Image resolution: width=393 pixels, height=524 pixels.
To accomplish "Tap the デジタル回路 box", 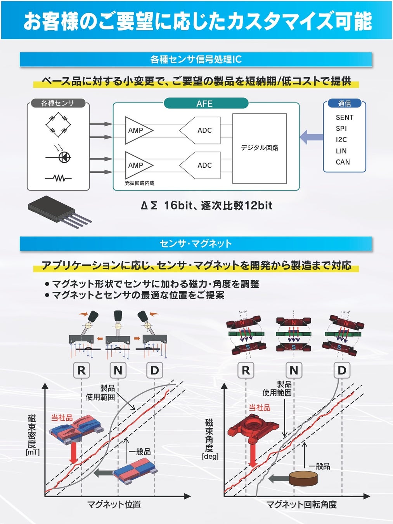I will (259, 148).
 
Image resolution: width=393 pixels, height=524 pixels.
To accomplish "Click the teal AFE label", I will (205, 104).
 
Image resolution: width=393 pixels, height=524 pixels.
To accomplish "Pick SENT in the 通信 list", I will (345, 117).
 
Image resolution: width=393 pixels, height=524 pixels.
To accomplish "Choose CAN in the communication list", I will (343, 162).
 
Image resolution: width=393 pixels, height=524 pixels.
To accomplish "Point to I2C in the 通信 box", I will (341, 140).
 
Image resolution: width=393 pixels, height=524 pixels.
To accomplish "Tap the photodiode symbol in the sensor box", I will (62, 156).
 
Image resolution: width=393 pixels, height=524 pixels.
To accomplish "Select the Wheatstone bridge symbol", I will (58, 125).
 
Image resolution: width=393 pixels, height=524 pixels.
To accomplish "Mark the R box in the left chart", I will (81, 370).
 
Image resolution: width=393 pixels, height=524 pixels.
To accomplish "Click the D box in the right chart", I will (341, 370).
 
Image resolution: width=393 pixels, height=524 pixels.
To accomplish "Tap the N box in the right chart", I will (294, 370).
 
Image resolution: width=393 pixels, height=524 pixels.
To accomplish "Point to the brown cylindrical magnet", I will (303, 478).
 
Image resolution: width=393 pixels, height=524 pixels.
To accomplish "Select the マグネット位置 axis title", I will (114, 505).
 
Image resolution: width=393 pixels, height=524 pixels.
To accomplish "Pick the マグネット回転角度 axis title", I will (301, 505).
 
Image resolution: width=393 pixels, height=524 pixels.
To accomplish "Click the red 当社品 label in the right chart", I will (259, 408).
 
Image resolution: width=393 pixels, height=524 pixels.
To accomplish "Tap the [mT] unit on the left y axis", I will (33, 453).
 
